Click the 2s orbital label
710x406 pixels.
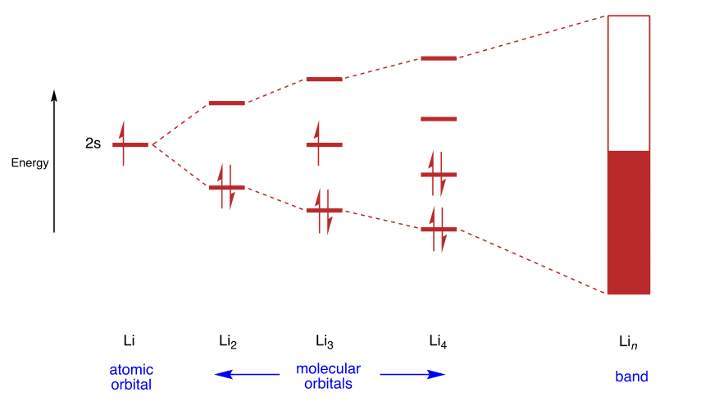(x=93, y=144)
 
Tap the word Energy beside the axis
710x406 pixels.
(x=30, y=162)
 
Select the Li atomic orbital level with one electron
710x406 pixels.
(x=130, y=144)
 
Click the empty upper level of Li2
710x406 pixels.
(x=226, y=103)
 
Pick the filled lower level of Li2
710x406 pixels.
(x=226, y=187)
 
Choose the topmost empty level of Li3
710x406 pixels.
(x=324, y=80)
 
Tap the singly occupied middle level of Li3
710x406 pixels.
(x=324, y=145)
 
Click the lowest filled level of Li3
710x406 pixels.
(x=324, y=211)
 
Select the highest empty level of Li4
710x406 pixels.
(x=438, y=58)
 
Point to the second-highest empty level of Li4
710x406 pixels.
(x=438, y=119)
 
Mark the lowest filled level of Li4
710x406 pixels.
(x=438, y=230)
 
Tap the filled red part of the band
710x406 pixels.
(x=628, y=221)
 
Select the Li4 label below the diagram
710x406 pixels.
(x=439, y=340)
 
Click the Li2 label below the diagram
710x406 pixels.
(x=227, y=340)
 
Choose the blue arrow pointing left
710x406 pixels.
(x=246, y=375)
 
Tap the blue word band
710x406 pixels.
(x=631, y=376)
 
